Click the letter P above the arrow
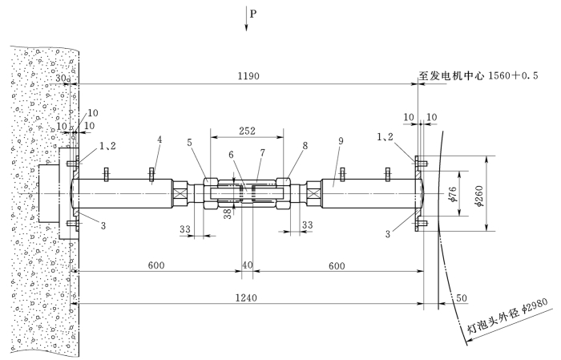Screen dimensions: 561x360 (x=253, y=14)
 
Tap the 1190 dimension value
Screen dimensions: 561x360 (x=248, y=76)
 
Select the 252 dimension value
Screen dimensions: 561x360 (x=247, y=131)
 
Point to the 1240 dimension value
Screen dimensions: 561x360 (x=246, y=297)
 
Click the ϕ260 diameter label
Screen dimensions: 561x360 (x=479, y=196)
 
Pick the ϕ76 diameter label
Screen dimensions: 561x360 (x=452, y=194)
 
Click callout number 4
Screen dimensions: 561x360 (x=159, y=140)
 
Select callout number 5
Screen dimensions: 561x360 (x=189, y=143)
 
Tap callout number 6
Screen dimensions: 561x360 (x=231, y=155)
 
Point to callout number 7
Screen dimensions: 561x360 (x=263, y=153)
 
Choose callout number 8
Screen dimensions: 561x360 (x=305, y=145)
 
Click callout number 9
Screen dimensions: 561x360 (x=341, y=141)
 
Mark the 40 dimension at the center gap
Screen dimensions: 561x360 (x=247, y=265)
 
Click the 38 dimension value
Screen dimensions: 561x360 (x=228, y=213)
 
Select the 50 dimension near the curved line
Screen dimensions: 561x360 (x=462, y=297)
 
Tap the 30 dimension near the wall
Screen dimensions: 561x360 (x=61, y=78)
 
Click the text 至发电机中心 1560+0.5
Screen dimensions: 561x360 (x=478, y=75)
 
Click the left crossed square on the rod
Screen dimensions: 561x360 (x=180, y=193)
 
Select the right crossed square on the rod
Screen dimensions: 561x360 (x=314, y=193)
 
